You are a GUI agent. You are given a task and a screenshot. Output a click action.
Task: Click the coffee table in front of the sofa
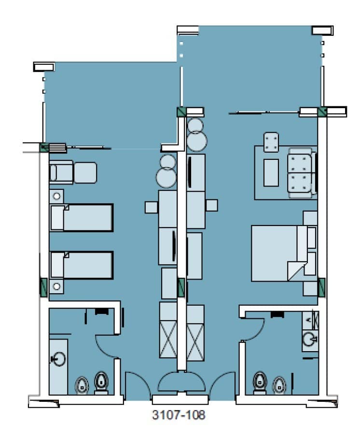[271, 172]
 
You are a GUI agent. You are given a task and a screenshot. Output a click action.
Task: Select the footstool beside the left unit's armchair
[85, 172]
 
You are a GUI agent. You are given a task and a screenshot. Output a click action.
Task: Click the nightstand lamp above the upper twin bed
[57, 196]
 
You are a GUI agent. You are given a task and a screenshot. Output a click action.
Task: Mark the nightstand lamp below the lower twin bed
[57, 286]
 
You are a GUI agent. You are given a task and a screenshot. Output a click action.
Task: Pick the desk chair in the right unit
[211, 205]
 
